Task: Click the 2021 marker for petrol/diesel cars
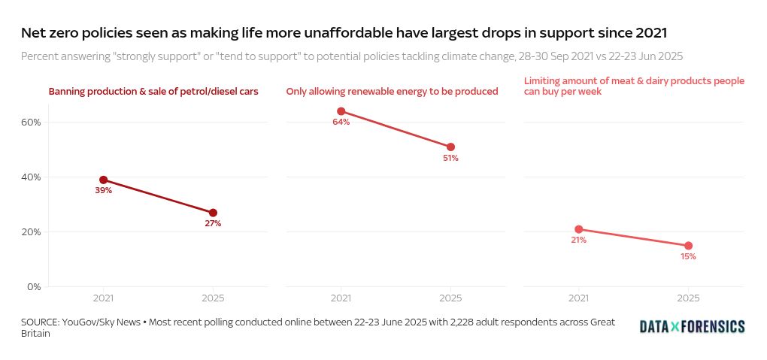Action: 103,180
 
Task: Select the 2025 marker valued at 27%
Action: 213,213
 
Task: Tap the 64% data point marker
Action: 341,111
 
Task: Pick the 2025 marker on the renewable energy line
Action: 450,147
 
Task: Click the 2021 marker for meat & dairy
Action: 578,229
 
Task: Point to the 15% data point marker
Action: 688,246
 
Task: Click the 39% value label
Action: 103,191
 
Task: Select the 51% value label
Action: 450,159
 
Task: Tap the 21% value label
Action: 578,241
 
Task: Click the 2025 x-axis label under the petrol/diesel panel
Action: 213,298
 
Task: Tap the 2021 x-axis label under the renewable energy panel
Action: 341,298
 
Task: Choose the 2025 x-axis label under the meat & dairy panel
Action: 688,298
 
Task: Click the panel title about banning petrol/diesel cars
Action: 153,92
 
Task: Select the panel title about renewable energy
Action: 392,92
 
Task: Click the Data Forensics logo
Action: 692,326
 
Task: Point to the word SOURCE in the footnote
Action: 41,322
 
